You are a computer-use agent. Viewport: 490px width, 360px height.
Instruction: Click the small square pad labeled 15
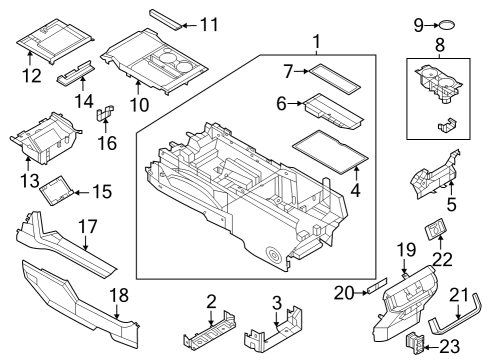tap(63, 188)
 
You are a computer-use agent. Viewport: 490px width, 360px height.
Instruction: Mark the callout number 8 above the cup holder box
tap(438, 45)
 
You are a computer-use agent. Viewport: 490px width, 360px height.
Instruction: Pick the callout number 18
tap(119, 296)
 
